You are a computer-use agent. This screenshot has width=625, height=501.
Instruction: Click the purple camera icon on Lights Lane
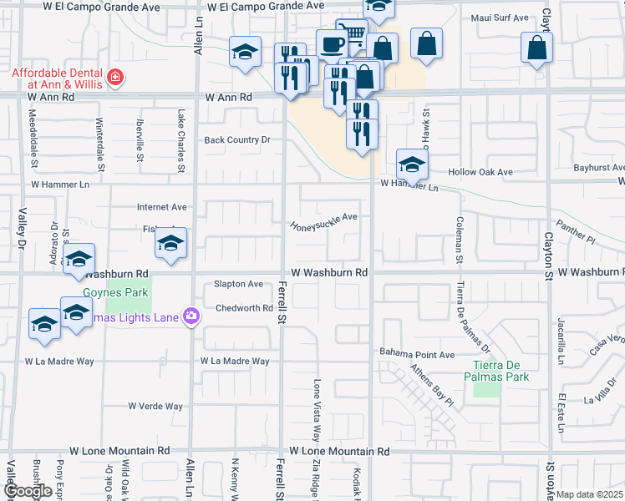192,315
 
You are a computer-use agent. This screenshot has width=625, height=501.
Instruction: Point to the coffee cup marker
331,44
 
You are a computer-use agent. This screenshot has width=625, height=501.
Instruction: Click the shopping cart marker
354,34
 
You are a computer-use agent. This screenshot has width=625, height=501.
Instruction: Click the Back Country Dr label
238,140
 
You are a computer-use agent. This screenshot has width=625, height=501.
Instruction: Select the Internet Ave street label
162,207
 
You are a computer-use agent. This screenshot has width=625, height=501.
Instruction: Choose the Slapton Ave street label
238,284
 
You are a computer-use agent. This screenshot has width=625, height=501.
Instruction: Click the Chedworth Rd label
245,308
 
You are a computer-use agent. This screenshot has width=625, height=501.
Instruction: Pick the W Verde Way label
155,407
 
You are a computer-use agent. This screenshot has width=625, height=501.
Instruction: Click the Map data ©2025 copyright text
589,494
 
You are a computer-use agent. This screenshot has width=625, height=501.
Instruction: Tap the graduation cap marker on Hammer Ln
412,164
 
